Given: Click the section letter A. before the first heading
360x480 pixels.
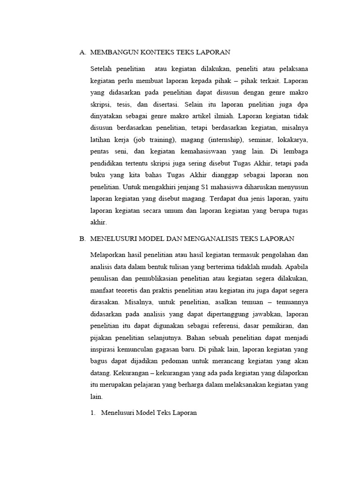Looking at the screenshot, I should (x=82, y=52).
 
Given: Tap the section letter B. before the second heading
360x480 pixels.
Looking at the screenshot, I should (x=82, y=239).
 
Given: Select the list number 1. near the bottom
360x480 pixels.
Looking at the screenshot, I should (x=93, y=413).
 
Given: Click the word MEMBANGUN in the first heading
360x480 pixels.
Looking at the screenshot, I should (x=112, y=52).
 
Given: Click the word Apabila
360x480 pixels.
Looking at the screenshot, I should (x=294, y=267).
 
